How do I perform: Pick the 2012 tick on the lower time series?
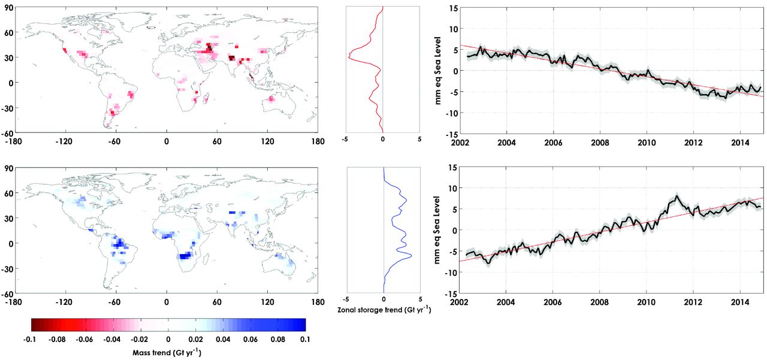click(693, 302)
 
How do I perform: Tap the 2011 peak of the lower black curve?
click(677, 196)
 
